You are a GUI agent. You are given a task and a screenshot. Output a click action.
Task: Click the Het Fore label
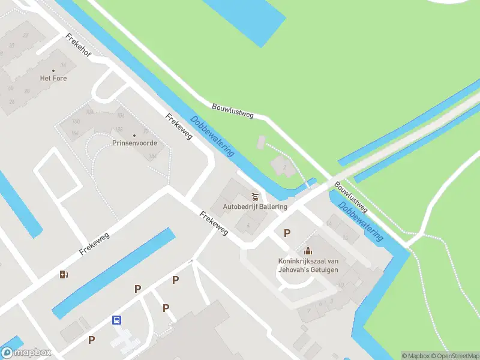click(x=53, y=79)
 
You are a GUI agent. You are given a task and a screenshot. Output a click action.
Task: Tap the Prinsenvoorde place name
click(x=134, y=143)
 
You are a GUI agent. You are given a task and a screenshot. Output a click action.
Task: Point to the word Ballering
click(x=274, y=207)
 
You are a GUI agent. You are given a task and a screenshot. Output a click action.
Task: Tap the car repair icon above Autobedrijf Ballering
click(x=255, y=196)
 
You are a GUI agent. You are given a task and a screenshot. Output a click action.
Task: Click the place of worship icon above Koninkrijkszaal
click(x=308, y=251)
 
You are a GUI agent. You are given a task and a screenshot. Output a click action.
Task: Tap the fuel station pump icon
click(x=64, y=275)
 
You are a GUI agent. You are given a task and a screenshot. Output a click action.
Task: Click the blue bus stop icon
click(x=116, y=320)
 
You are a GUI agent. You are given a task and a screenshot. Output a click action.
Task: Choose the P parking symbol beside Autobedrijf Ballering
click(x=287, y=233)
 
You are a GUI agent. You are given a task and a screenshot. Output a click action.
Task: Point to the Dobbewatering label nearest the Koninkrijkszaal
click(x=360, y=221)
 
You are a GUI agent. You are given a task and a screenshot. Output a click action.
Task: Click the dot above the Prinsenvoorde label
click(x=134, y=135)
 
